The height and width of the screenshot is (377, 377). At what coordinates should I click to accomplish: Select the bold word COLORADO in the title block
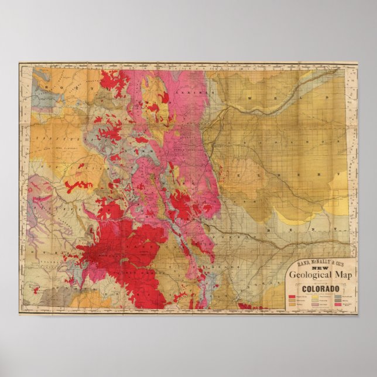coord(320,289)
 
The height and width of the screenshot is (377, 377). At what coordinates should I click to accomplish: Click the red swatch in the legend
coord(292,297)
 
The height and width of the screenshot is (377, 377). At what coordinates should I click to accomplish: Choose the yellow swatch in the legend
coord(315,297)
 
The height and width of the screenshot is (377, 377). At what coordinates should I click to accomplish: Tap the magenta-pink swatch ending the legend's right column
coord(338,305)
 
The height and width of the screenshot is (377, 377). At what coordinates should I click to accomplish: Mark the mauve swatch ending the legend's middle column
coord(315,305)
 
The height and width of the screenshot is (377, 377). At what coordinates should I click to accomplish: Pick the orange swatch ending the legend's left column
coord(292,305)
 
